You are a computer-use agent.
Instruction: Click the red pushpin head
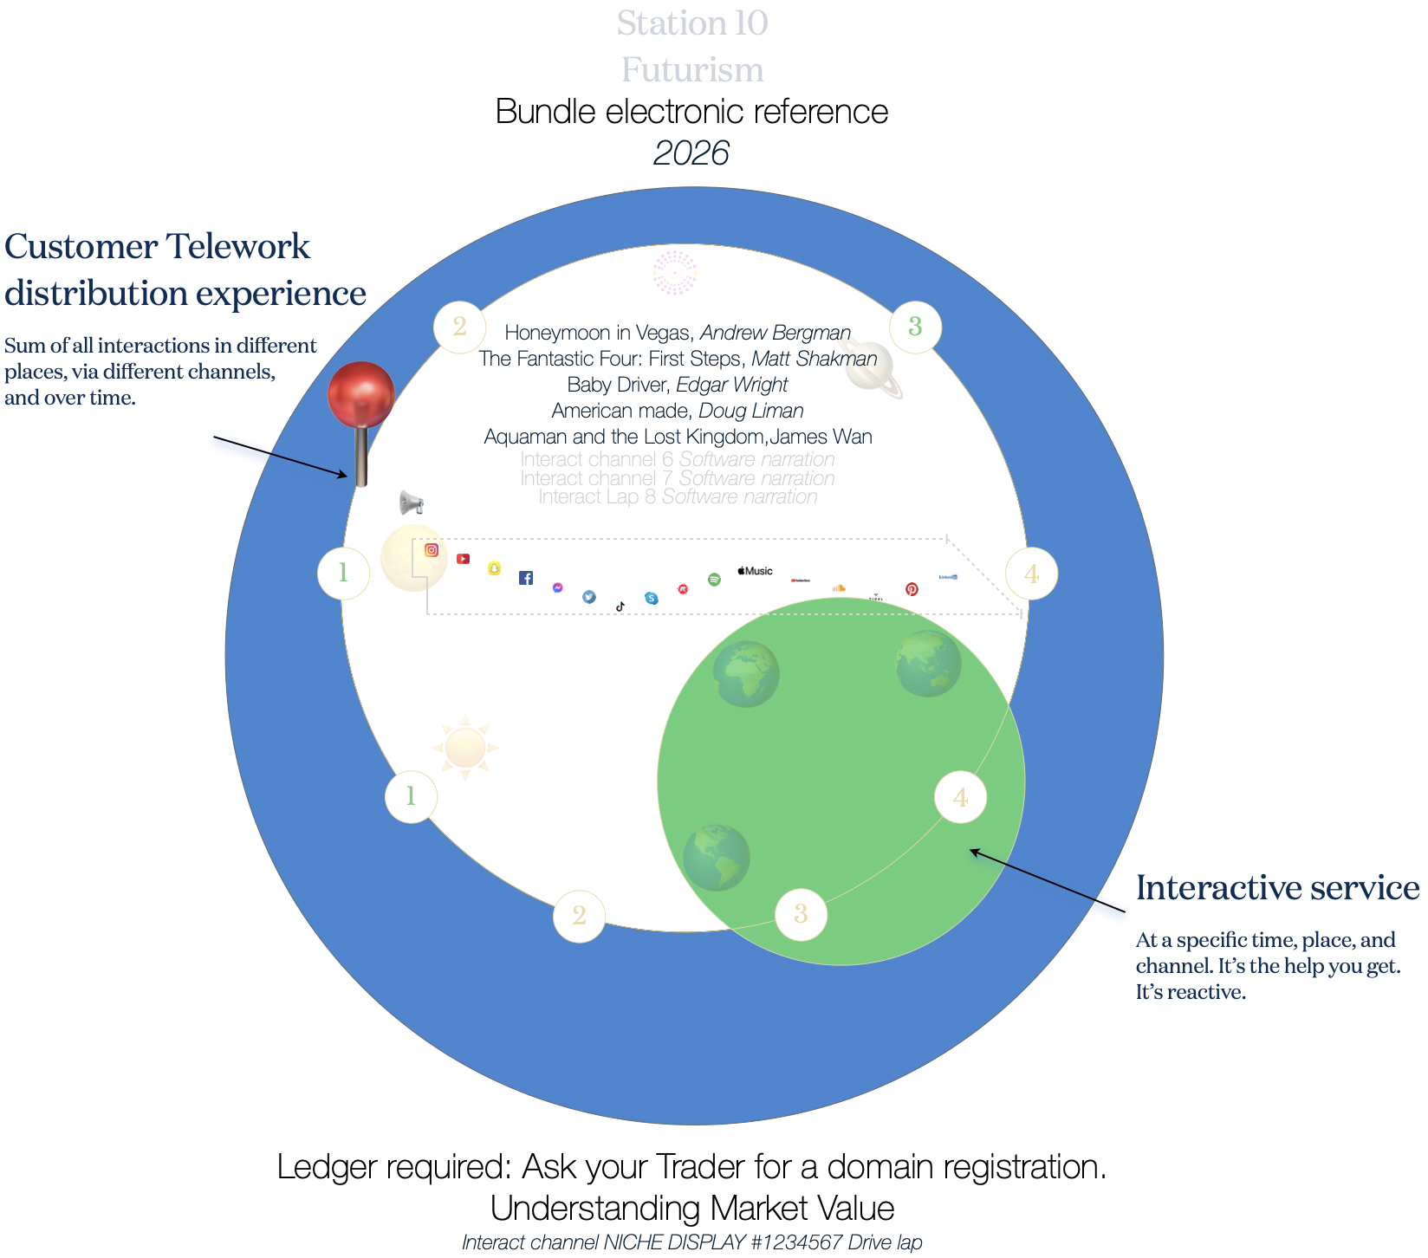(x=361, y=394)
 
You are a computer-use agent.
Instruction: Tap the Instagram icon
(x=432, y=550)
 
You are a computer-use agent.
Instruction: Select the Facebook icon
(x=526, y=578)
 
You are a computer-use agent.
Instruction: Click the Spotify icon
(x=714, y=579)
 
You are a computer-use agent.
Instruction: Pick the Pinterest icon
(x=912, y=589)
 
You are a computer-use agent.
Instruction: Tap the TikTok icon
(x=620, y=606)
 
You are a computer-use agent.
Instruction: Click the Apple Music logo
(x=755, y=571)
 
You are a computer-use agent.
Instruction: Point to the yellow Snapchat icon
(x=494, y=568)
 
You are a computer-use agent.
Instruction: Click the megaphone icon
(x=411, y=503)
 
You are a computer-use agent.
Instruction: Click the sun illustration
(x=465, y=747)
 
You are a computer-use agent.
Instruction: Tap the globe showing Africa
(x=745, y=673)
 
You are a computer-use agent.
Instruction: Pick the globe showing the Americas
(x=716, y=857)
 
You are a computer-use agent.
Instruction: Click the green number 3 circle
(x=915, y=327)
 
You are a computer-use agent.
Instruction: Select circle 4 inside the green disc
(x=960, y=797)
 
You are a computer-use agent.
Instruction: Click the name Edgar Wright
(x=731, y=385)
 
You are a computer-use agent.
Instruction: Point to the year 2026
(x=691, y=153)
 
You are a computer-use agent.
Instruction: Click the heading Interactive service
(x=1277, y=888)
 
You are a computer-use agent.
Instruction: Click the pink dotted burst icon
(x=675, y=272)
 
